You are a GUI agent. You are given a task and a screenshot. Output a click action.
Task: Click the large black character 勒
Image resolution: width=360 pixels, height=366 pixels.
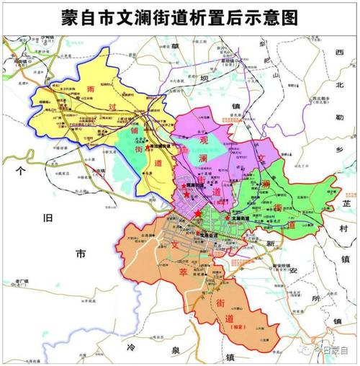tap(340, 115)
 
